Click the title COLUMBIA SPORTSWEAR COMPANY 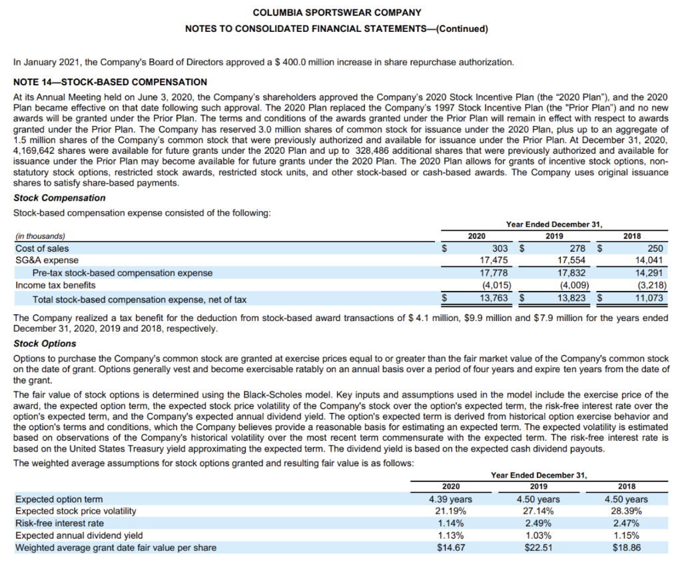tap(337, 13)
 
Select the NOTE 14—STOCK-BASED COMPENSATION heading tap(110, 83)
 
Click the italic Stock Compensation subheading tap(59, 198)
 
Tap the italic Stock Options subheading tap(45, 344)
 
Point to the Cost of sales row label tap(42, 248)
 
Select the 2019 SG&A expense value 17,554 tap(571, 260)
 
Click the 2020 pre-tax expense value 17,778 tap(496, 273)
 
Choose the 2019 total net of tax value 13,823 tap(571, 298)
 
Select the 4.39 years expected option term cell tap(450, 499)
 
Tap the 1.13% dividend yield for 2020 tap(450, 535)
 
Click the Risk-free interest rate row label tap(59, 523)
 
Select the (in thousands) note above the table tap(41, 236)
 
